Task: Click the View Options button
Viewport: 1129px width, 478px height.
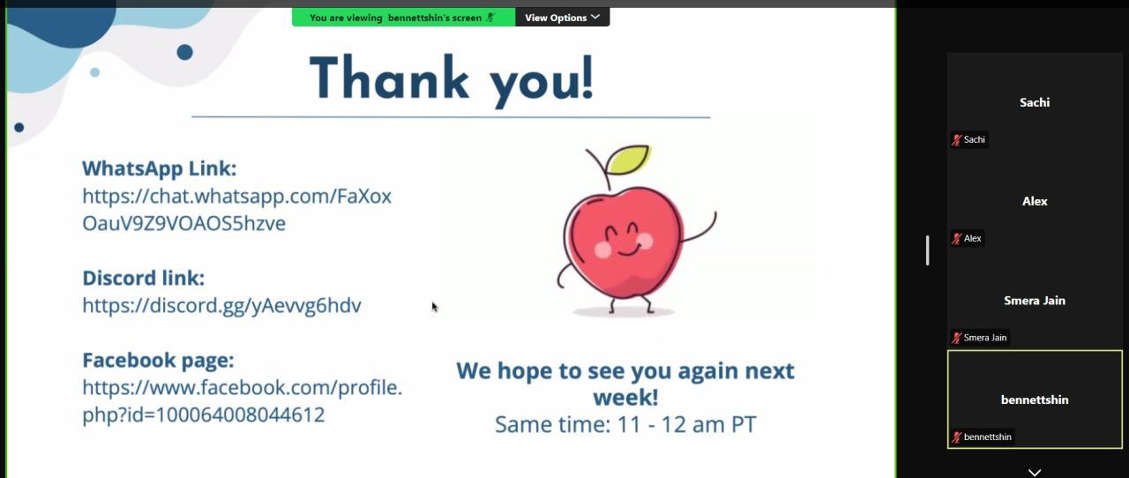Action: [562, 18]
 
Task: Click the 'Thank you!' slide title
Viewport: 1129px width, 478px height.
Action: [452, 79]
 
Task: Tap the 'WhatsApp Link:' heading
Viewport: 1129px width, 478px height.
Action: [160, 168]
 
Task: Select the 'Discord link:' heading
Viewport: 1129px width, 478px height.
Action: [144, 278]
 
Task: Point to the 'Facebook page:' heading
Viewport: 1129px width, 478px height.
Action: [158, 360]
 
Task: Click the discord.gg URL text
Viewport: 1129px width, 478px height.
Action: [221, 305]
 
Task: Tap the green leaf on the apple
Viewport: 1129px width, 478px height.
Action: [628, 160]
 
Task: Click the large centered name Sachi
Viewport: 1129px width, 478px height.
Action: [1035, 102]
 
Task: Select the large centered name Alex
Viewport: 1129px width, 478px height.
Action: [1035, 201]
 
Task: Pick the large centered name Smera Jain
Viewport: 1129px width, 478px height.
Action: [1035, 301]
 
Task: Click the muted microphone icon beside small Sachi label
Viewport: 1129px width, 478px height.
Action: [956, 139]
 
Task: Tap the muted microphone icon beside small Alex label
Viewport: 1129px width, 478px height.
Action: [956, 238]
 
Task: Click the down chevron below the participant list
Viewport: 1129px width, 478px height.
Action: [1035, 473]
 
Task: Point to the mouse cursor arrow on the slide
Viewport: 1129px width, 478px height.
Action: [435, 307]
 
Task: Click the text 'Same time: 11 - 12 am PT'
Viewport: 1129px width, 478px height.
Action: [625, 424]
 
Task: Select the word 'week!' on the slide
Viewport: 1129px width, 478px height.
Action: [625, 398]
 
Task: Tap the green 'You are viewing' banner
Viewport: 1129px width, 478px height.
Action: [404, 18]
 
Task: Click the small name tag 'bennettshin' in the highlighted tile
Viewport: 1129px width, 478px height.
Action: [987, 437]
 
